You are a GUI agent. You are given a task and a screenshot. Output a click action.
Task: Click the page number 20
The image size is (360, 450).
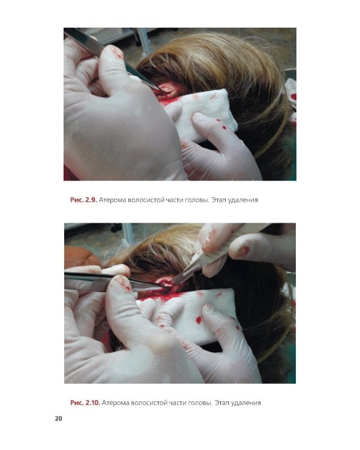tap(58, 418)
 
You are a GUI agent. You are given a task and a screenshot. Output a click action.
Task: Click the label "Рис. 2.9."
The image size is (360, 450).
tap(83, 200)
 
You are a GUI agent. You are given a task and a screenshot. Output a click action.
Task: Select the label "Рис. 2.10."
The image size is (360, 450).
tap(85, 403)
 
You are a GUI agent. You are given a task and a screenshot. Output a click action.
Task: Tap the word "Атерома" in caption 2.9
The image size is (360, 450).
tap(112, 200)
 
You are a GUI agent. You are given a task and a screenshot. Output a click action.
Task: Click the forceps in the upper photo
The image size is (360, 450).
tap(112, 58)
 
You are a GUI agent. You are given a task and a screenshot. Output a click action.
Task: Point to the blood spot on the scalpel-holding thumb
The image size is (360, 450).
tap(243, 251)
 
